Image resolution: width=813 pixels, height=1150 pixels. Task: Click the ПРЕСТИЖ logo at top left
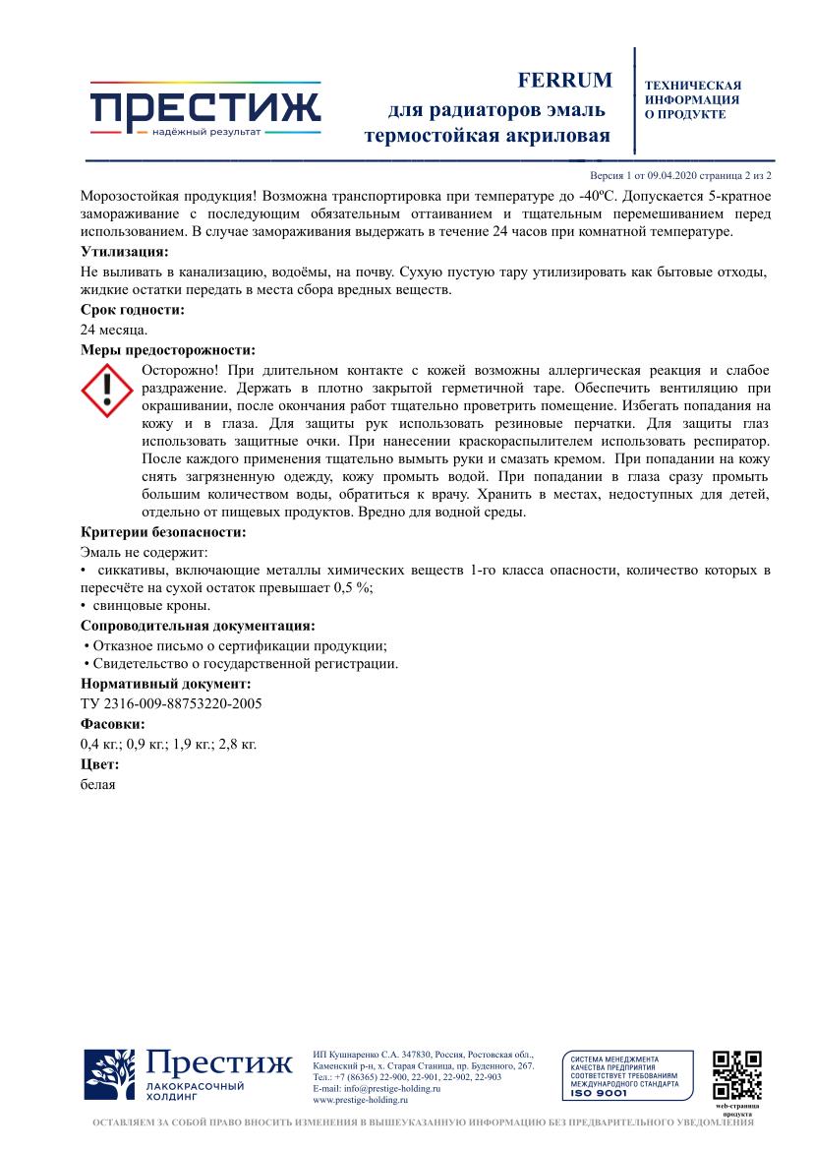point(205,109)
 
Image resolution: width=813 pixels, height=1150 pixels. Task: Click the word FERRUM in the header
point(564,80)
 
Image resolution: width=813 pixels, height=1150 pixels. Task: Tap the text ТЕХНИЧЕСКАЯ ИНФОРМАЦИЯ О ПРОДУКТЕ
point(692,100)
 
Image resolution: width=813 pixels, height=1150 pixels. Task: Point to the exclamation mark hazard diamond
point(107,390)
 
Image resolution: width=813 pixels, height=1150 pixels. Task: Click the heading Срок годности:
point(133,310)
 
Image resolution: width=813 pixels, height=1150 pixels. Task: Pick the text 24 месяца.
point(114,330)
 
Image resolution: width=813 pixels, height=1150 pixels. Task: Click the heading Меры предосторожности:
point(168,349)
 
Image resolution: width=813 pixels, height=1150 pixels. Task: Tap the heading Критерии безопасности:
point(163,532)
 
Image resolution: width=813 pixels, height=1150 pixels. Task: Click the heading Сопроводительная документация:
point(198,625)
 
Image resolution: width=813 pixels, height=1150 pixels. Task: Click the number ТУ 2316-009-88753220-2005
point(171,703)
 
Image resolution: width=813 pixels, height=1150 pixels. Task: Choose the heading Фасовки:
point(112,724)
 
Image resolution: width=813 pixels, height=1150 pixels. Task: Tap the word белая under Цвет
point(98,784)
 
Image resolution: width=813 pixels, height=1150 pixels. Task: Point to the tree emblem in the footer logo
point(109,1076)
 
